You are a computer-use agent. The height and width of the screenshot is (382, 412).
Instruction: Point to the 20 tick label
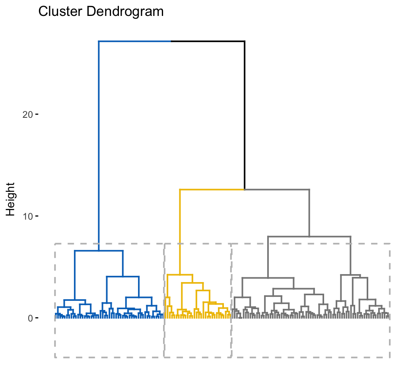(x=27, y=115)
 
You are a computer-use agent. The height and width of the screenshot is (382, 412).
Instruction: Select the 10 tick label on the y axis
(x=27, y=216)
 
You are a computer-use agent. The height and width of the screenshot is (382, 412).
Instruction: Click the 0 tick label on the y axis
(x=30, y=318)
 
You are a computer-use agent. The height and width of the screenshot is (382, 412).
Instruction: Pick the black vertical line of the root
(x=244, y=115)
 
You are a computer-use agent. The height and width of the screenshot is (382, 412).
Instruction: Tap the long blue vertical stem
(x=99, y=143)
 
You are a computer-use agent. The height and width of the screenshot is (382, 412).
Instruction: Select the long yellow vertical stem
(x=180, y=231)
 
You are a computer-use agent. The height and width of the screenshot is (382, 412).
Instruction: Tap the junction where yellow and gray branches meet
(x=244, y=189)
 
